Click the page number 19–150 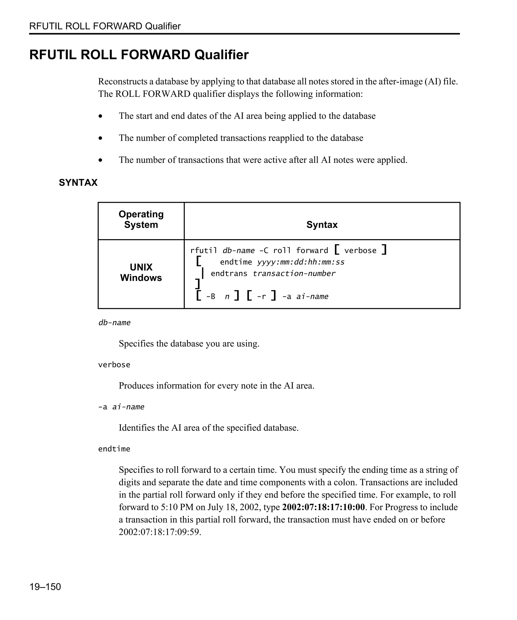pos(45,587)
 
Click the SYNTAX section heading pos(78,182)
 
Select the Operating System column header pos(141,219)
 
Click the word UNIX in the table pos(141,267)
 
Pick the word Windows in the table pos(141,278)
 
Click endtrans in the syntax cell pos(229,274)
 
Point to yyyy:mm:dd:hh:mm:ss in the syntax pos(301,262)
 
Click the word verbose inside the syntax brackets pos(360,251)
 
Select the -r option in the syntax pos(262,297)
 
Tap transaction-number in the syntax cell pos(294,274)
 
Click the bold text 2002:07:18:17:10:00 pos(323,507)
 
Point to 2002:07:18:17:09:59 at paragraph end pos(160,532)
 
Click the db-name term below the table pos(114,323)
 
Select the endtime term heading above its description pos(114,449)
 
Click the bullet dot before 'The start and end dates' pos(101,116)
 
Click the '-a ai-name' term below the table pos(121,407)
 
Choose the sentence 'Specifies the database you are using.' pos(189,344)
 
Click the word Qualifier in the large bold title pos(222,55)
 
